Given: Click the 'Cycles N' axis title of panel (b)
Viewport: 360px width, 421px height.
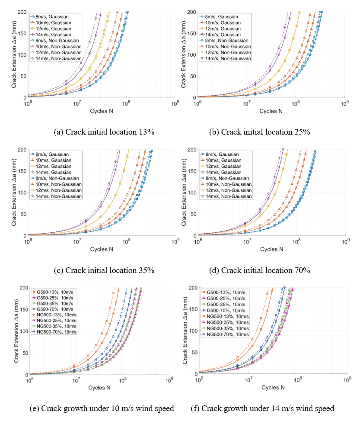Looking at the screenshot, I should (271, 111).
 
